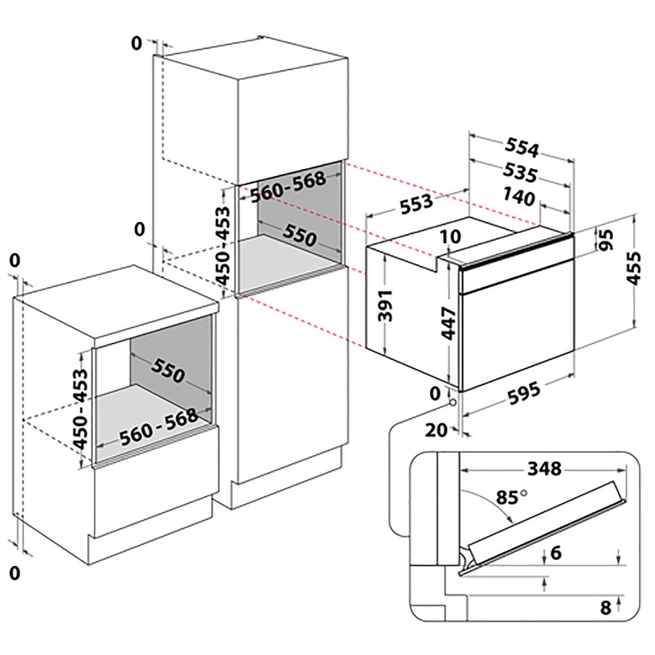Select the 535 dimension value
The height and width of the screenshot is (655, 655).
(x=520, y=173)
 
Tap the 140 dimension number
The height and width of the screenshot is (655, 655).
(x=519, y=197)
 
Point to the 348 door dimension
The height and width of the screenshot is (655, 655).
(x=544, y=469)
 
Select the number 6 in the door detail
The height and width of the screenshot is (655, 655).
(x=556, y=553)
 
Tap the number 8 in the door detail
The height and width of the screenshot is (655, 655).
(x=606, y=607)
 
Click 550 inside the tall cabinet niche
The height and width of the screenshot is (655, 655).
(x=299, y=235)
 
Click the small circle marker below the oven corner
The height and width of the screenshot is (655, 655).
(x=452, y=403)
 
